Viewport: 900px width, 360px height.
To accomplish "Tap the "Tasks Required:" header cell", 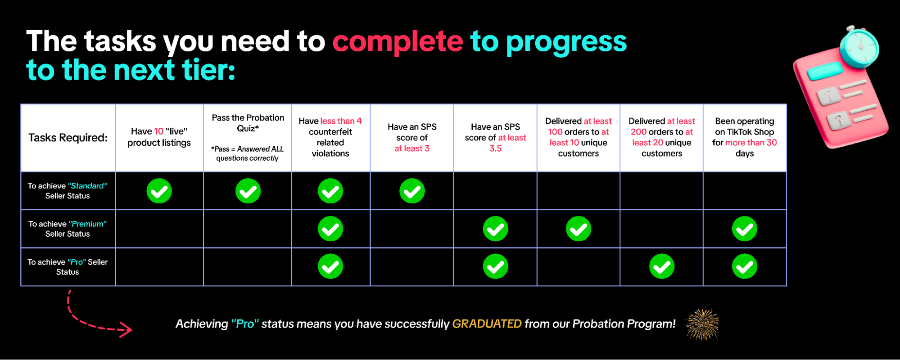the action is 68,138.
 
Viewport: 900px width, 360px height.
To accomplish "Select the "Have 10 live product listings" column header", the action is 159,137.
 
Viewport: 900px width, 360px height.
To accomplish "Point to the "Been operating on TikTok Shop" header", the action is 745,137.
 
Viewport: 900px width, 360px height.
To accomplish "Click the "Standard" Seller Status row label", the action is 68,191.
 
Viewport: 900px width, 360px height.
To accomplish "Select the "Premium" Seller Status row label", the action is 68,229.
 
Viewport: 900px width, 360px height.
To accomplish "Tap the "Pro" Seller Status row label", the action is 68,267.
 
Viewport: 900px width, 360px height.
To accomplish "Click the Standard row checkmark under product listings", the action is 159,191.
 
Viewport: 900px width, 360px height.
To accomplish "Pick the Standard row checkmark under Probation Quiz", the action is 248,191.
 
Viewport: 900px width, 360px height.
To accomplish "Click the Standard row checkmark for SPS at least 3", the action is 412,191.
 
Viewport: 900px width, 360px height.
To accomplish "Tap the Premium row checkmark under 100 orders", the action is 579,229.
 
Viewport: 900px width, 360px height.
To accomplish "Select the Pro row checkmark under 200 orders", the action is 662,266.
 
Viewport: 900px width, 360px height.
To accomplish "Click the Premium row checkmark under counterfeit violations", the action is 330,229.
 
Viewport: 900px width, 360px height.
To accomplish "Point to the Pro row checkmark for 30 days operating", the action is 745,266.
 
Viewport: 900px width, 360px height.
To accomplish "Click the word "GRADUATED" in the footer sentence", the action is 487,324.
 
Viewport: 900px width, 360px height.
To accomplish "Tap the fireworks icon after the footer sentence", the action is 702,324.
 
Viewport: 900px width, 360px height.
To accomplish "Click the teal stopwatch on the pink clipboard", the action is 859,47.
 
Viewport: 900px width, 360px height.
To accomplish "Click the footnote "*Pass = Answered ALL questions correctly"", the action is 248,153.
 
